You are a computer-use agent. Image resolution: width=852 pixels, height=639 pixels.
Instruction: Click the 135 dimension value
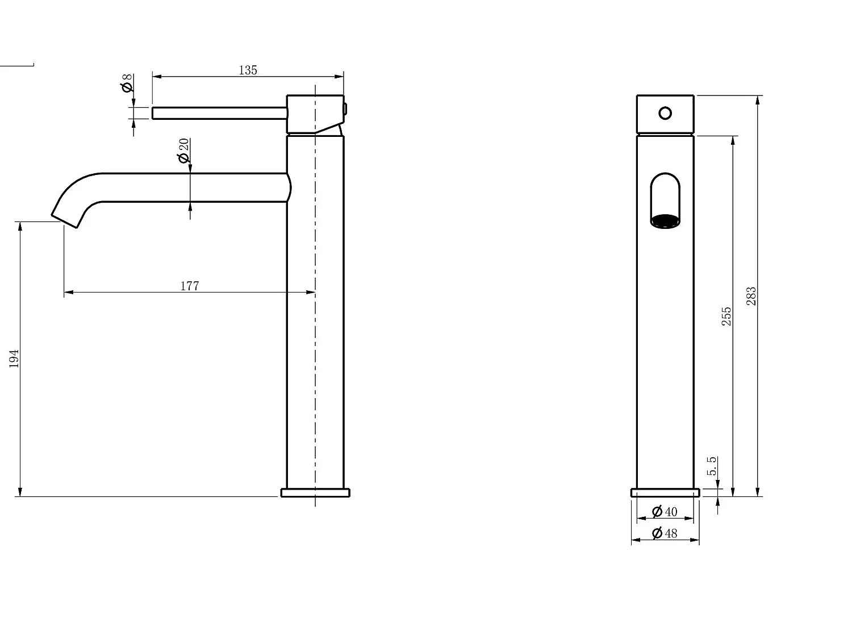pos(248,70)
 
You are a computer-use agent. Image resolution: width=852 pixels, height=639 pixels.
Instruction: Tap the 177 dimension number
pos(190,286)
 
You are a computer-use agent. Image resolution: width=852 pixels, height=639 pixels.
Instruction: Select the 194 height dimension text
pos(14,358)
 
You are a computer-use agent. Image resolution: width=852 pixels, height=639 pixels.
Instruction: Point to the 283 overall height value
pos(751,296)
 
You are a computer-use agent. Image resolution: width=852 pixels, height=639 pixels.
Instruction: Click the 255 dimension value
pos(726,316)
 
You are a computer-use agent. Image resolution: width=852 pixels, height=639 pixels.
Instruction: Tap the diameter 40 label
pos(665,512)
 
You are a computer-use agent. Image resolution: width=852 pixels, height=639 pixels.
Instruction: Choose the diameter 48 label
pos(665,533)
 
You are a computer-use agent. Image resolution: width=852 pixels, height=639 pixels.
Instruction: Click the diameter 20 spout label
pos(183,151)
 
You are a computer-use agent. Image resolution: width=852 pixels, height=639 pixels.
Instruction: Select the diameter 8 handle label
pos(127,83)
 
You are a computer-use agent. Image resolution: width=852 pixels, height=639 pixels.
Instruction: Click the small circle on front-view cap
pos(665,113)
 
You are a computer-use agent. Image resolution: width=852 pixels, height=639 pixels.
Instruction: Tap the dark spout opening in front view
pos(665,221)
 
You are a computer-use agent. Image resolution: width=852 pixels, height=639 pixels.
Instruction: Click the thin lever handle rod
pos(219,113)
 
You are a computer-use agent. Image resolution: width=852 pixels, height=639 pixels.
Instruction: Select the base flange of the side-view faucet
pos(315,492)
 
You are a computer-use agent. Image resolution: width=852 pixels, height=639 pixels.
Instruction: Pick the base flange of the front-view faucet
pos(665,492)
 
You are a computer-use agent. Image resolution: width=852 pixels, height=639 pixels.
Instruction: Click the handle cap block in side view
pos(315,114)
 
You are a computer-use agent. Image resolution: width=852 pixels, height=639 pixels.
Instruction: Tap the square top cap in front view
pos(665,114)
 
